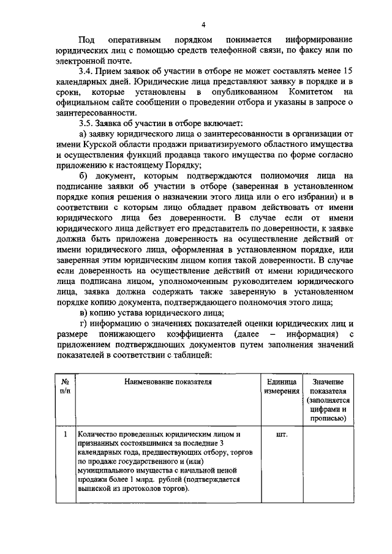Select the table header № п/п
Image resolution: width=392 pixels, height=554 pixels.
pyautogui.click(x=65, y=386)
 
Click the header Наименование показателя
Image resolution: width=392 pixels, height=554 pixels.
pyautogui.click(x=168, y=382)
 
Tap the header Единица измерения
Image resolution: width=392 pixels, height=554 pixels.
pyautogui.click(x=282, y=386)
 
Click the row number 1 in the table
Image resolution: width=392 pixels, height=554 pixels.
pyautogui.click(x=65, y=435)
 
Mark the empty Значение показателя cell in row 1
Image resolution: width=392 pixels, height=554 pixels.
pyautogui.click(x=328, y=463)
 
